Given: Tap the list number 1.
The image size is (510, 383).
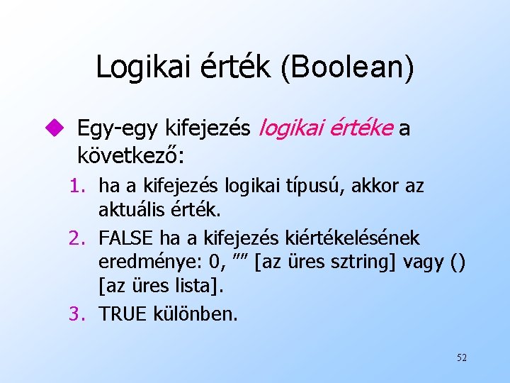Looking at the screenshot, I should [x=78, y=187].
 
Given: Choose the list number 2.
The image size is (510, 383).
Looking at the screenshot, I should [x=78, y=238].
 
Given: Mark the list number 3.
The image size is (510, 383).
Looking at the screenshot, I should [x=78, y=313].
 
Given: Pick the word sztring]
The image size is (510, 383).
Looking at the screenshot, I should [x=365, y=263].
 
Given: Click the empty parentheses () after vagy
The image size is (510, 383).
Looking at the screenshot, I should [x=458, y=263].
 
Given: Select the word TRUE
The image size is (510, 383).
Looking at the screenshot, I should [x=123, y=313].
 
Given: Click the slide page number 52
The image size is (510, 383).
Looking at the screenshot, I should [x=461, y=357].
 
